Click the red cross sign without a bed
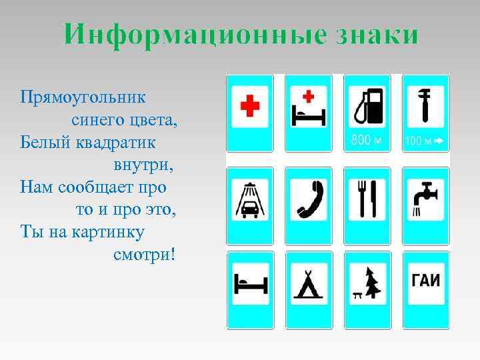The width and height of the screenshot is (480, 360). coord(251,106)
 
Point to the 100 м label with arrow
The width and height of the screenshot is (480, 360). coord(425,141)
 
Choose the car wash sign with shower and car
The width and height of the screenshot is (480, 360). coord(251,199)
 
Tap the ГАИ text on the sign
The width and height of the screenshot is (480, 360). coord(425,280)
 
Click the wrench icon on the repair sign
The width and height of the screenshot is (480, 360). coord(425,105)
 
